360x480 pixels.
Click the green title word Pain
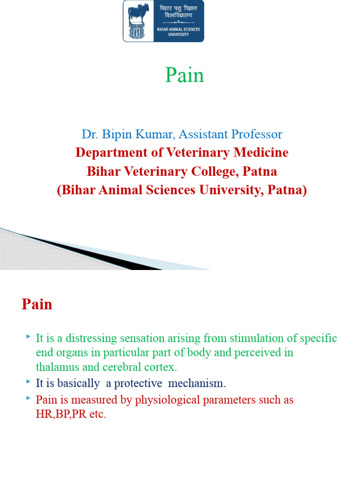(x=184, y=75)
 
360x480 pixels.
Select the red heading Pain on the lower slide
(x=37, y=305)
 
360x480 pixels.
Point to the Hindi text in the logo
(x=179, y=12)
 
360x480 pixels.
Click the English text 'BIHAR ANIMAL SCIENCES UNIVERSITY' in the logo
(x=179, y=31)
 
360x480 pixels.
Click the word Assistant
(x=202, y=135)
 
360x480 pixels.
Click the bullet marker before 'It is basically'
(x=29, y=382)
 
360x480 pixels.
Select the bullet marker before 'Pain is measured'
(x=29, y=398)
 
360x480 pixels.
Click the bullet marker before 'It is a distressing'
(x=29, y=337)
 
